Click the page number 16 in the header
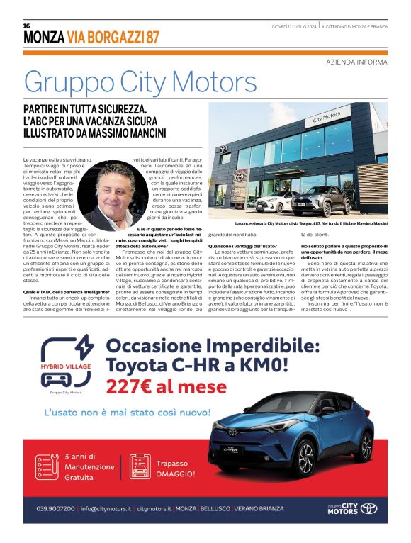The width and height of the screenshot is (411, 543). (x=27, y=26)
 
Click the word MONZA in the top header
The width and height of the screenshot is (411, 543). (x=43, y=36)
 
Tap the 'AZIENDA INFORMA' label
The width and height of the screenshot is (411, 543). (x=356, y=62)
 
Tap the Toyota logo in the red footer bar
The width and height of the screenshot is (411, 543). (x=368, y=508)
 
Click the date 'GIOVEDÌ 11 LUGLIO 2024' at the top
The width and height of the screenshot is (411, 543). (x=294, y=26)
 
